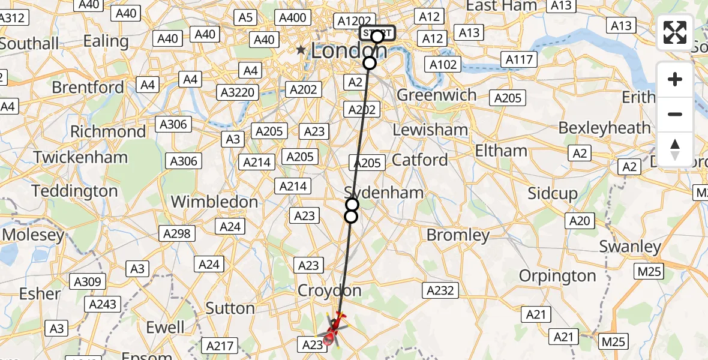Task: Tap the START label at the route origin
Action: [377, 32]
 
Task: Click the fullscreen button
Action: [675, 32]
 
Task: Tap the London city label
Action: [349, 51]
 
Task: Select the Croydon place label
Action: [330, 291]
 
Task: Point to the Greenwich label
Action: [436, 95]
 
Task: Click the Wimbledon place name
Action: [214, 202]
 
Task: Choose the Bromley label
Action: [458, 235]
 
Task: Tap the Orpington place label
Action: [557, 276]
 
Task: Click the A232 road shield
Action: [441, 291]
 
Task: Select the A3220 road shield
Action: [239, 92]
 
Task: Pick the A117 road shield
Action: [519, 59]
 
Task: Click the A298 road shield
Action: [176, 233]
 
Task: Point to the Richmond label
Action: [108, 131]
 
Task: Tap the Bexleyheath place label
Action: [604, 128]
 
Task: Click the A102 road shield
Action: [443, 65]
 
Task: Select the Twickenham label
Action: [80, 157]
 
